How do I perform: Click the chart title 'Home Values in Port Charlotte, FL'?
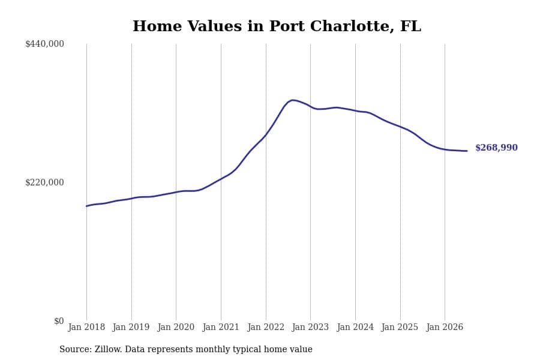(x=277, y=26)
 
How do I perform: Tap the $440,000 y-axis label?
(x=44, y=44)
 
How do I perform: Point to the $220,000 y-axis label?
(x=44, y=182)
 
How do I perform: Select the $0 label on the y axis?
(x=59, y=321)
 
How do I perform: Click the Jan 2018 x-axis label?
(x=86, y=327)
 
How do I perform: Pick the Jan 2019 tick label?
(x=131, y=327)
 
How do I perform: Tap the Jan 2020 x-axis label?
(x=176, y=327)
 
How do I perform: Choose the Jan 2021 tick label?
(x=221, y=327)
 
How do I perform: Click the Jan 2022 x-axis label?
(x=266, y=327)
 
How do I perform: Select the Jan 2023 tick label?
(x=310, y=327)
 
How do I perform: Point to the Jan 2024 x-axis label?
(x=355, y=327)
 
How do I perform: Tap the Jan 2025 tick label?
(x=400, y=327)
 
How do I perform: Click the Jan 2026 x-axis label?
(x=445, y=327)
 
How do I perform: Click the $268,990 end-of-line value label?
(x=496, y=148)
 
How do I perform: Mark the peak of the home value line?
(x=292, y=100)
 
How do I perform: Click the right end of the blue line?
(x=467, y=151)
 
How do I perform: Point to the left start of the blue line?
(x=87, y=206)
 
